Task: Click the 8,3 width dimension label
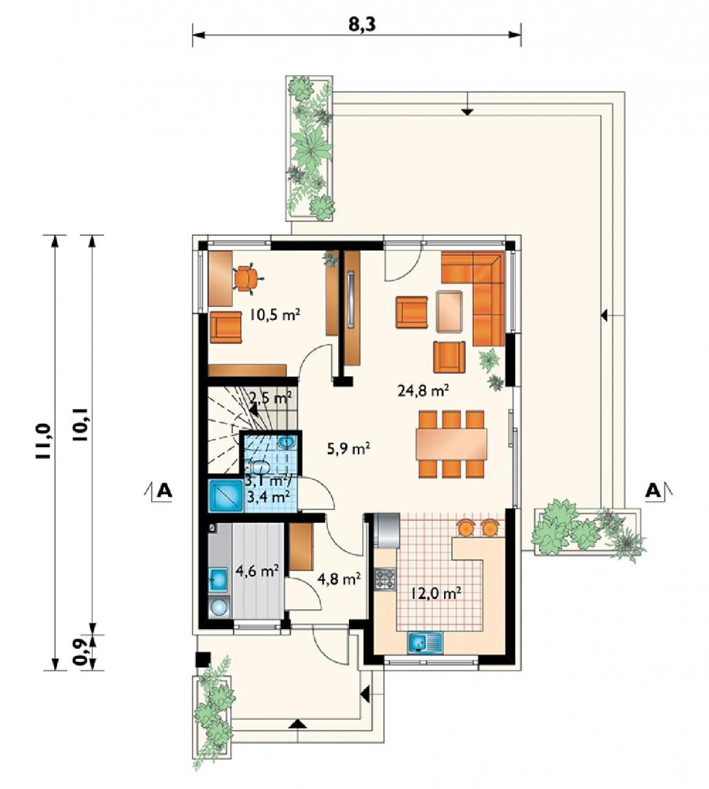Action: [363, 25]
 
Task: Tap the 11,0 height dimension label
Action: [43, 441]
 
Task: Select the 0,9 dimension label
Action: [81, 652]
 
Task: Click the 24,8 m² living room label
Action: [423, 390]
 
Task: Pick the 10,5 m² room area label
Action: [275, 316]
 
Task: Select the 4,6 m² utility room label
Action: [258, 571]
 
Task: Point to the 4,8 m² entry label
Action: [340, 579]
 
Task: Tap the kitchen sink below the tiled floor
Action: [426, 643]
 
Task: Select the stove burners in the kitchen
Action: [386, 579]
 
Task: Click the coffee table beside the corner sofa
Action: [450, 311]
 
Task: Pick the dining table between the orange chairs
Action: [451, 444]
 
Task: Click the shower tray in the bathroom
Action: [226, 496]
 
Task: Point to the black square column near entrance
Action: [203, 660]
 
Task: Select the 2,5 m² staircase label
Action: [271, 399]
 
